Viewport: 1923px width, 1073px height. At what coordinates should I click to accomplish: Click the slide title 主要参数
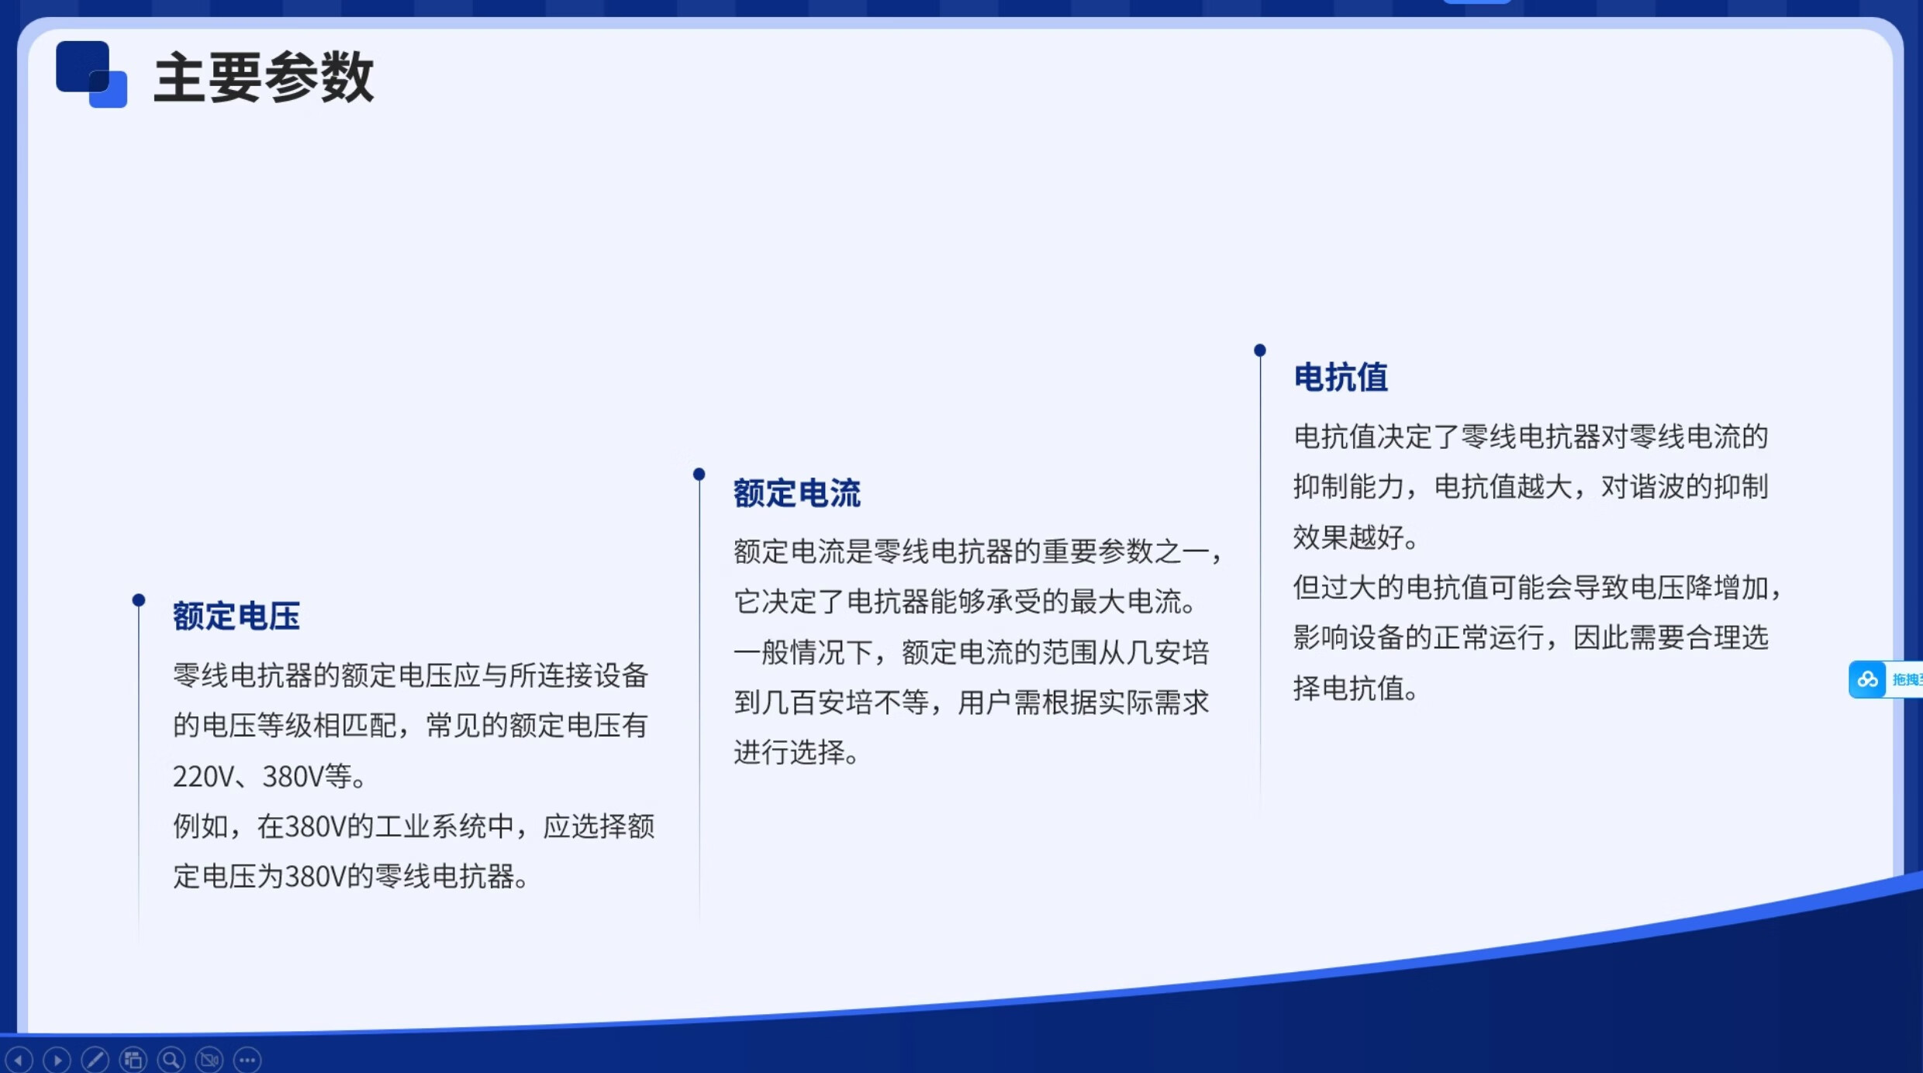pyautogui.click(x=264, y=77)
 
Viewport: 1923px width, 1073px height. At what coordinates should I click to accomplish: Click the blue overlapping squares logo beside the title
pyautogui.click(x=91, y=74)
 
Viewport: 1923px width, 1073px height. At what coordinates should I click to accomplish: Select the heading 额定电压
pyautogui.click(x=236, y=616)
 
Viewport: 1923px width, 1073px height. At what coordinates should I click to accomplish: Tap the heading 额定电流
pyautogui.click(x=797, y=493)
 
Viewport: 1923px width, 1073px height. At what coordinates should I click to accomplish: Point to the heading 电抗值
pyautogui.click(x=1341, y=378)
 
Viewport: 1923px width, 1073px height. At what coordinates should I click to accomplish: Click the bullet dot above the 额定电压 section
pyautogui.click(x=139, y=599)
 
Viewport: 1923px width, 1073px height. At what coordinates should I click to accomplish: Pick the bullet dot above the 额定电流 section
pyautogui.click(x=699, y=474)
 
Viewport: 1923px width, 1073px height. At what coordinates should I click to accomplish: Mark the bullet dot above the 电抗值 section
pyautogui.click(x=1260, y=350)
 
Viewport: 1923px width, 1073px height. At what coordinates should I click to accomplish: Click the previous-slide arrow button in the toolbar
pyautogui.click(x=19, y=1059)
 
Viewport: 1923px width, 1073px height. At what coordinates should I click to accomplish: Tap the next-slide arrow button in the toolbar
pyautogui.click(x=57, y=1059)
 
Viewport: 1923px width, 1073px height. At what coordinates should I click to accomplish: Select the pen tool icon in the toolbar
pyautogui.click(x=95, y=1059)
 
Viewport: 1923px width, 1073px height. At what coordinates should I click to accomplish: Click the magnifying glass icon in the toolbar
pyautogui.click(x=171, y=1059)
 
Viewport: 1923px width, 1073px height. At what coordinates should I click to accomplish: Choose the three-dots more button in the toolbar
pyautogui.click(x=247, y=1059)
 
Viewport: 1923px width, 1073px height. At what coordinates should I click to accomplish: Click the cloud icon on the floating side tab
pyautogui.click(x=1867, y=680)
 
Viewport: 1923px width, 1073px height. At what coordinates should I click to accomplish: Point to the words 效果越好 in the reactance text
pyautogui.click(x=1348, y=536)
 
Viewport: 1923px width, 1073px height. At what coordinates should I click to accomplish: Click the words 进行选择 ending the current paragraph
pyautogui.click(x=789, y=752)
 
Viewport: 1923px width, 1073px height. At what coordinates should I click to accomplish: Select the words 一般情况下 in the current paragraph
pyautogui.click(x=803, y=652)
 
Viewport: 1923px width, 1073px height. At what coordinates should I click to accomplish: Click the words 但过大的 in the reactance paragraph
pyautogui.click(x=1348, y=587)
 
